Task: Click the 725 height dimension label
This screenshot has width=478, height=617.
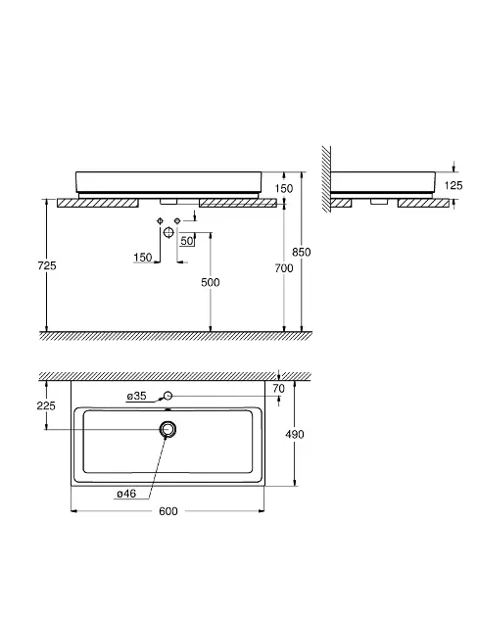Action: pyautogui.click(x=47, y=265)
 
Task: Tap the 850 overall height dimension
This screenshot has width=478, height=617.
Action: pyautogui.click(x=302, y=252)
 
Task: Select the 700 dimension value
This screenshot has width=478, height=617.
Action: pyautogui.click(x=284, y=268)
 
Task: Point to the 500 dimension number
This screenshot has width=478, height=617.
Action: pyautogui.click(x=211, y=282)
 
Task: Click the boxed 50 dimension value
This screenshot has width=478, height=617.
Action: pyautogui.click(x=187, y=241)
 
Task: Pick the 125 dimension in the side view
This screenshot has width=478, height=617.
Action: pyautogui.click(x=454, y=185)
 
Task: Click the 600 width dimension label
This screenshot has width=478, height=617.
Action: pyautogui.click(x=168, y=511)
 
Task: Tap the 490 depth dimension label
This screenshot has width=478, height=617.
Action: pyautogui.click(x=295, y=434)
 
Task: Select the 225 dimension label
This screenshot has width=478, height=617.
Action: pyautogui.click(x=46, y=405)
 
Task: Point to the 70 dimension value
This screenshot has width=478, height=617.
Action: pyautogui.click(x=278, y=389)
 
